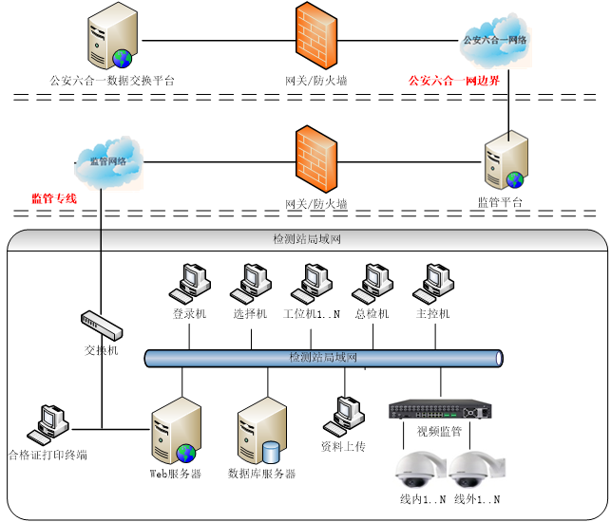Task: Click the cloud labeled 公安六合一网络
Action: (494, 40)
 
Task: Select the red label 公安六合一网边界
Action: (453, 82)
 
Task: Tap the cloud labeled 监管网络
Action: (108, 162)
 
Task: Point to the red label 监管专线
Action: (53, 199)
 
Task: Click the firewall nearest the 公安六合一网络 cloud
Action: (316, 36)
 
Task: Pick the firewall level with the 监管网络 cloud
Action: (316, 159)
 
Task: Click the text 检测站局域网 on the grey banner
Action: (306, 239)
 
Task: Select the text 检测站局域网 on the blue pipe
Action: (322, 358)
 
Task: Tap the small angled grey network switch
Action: (102, 326)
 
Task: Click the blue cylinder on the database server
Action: (272, 452)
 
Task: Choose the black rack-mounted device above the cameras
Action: (439, 409)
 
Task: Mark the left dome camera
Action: (420, 469)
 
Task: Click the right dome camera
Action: (475, 469)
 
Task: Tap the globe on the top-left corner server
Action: (122, 59)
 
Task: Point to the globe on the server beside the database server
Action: (185, 453)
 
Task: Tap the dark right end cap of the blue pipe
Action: (499, 358)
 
